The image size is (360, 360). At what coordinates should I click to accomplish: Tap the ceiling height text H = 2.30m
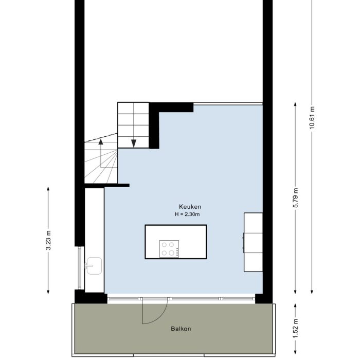point(186,214)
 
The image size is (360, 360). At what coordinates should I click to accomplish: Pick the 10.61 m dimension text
point(312,118)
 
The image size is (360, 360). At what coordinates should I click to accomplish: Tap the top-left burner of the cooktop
point(164,245)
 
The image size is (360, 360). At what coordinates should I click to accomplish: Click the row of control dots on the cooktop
point(177,251)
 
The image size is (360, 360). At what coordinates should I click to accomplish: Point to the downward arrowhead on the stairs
point(133,143)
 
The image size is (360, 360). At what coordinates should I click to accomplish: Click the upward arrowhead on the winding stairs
point(101,140)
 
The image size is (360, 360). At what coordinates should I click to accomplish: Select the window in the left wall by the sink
point(79,267)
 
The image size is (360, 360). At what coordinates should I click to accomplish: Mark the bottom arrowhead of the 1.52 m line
point(295,354)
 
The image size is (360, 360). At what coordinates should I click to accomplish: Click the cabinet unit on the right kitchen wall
point(253,242)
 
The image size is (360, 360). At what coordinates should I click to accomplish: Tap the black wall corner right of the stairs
point(154,126)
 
